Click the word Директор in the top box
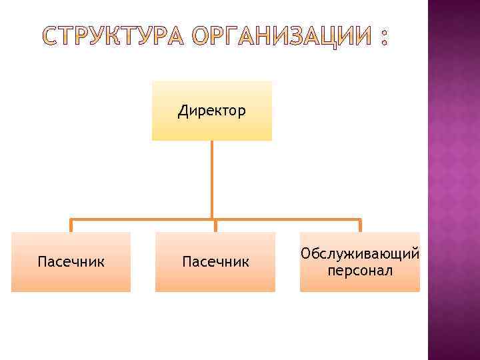point(212,110)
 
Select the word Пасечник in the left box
point(71,261)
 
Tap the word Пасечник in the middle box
point(215,261)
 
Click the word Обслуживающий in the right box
point(360,253)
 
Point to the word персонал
point(360,270)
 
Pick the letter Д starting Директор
point(182,111)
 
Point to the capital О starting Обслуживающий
point(305,253)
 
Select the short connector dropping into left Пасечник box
point(71,225)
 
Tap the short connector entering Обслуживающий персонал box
point(360,225)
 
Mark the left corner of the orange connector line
point(71,219)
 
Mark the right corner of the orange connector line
point(360,219)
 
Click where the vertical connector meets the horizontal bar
point(212,219)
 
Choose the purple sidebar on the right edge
point(453,180)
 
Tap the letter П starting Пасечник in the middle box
point(186,261)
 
